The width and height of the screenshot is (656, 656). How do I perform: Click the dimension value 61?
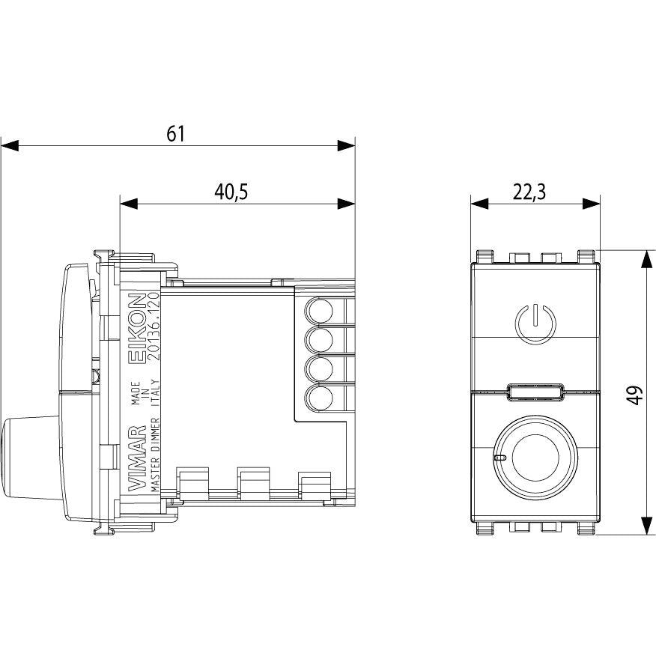click(x=175, y=134)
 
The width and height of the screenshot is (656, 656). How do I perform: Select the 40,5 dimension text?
click(x=231, y=192)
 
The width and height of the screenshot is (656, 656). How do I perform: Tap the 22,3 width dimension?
click(x=529, y=192)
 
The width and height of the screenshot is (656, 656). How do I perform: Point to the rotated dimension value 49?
click(x=635, y=395)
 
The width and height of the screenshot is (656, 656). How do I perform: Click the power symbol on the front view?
click(x=535, y=324)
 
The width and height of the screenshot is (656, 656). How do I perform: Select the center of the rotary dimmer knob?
click(x=535, y=458)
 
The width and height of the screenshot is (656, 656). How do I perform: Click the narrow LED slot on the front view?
click(x=535, y=392)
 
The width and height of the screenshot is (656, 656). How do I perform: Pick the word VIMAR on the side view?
click(x=137, y=458)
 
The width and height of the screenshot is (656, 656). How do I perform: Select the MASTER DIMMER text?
click(x=154, y=455)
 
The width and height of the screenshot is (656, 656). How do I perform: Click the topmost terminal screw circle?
click(x=321, y=311)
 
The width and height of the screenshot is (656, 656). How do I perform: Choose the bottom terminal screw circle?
click(x=321, y=397)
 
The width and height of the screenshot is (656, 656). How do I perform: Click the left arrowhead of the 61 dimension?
click(x=9, y=146)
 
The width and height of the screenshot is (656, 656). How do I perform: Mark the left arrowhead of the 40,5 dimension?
click(x=129, y=204)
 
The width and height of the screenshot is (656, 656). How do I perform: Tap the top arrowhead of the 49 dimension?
click(x=647, y=259)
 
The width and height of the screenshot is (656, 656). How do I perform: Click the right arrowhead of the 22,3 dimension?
click(x=592, y=204)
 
